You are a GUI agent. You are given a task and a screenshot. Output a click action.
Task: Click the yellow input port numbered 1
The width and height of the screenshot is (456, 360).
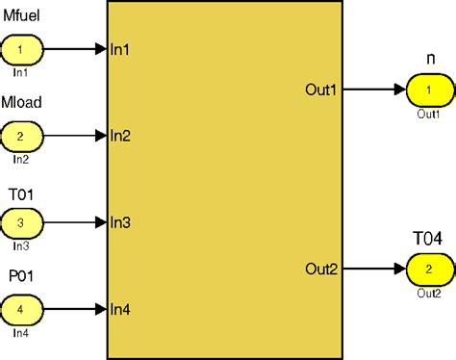point(23,47)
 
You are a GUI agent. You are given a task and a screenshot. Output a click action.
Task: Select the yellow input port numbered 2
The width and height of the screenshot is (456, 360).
point(23,135)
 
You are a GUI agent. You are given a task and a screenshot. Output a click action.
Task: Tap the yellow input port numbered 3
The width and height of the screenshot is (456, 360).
point(23,222)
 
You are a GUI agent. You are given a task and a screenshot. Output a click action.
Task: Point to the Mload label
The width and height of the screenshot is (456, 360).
point(23,103)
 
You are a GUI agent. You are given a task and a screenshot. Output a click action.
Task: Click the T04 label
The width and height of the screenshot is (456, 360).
point(427,239)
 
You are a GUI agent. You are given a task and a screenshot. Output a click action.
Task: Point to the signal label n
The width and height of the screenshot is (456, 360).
point(431,61)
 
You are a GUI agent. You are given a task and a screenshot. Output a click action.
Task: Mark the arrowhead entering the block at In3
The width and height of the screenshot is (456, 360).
point(101,222)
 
